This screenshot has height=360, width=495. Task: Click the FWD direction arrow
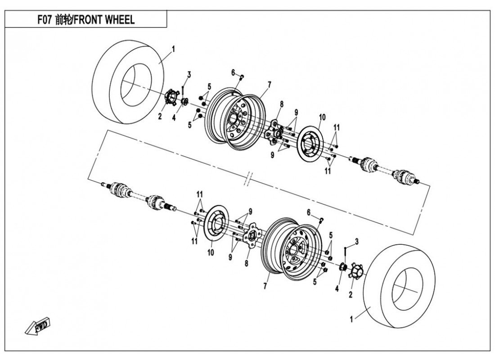[39, 327]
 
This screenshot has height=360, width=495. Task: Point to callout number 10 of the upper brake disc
[321, 118]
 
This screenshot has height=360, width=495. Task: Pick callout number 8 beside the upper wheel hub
[281, 104]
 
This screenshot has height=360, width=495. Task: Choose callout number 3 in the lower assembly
[356, 242]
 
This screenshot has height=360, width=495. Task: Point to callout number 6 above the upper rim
[234, 72]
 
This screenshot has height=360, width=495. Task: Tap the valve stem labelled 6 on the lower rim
[321, 220]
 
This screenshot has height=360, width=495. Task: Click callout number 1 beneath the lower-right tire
[351, 319]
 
